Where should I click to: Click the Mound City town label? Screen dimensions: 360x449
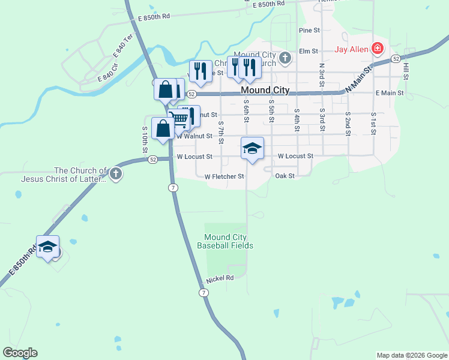[x=265, y=91]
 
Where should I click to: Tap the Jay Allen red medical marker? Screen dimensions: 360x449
[x=378, y=48]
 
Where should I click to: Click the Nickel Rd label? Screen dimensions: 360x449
[x=219, y=280]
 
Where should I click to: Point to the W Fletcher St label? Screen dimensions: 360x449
[x=224, y=177]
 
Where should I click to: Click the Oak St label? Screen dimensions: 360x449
[x=285, y=176]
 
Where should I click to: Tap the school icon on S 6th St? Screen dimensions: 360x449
[x=252, y=148]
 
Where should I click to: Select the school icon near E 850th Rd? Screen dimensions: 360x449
[x=47, y=247]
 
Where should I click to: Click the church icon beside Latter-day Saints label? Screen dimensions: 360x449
[x=116, y=175]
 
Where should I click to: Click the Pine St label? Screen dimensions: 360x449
[x=309, y=30]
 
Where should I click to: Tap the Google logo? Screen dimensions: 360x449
[x=20, y=353]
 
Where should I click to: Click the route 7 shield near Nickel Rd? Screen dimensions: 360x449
[x=204, y=292]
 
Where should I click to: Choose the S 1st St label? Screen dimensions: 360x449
[x=373, y=122]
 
